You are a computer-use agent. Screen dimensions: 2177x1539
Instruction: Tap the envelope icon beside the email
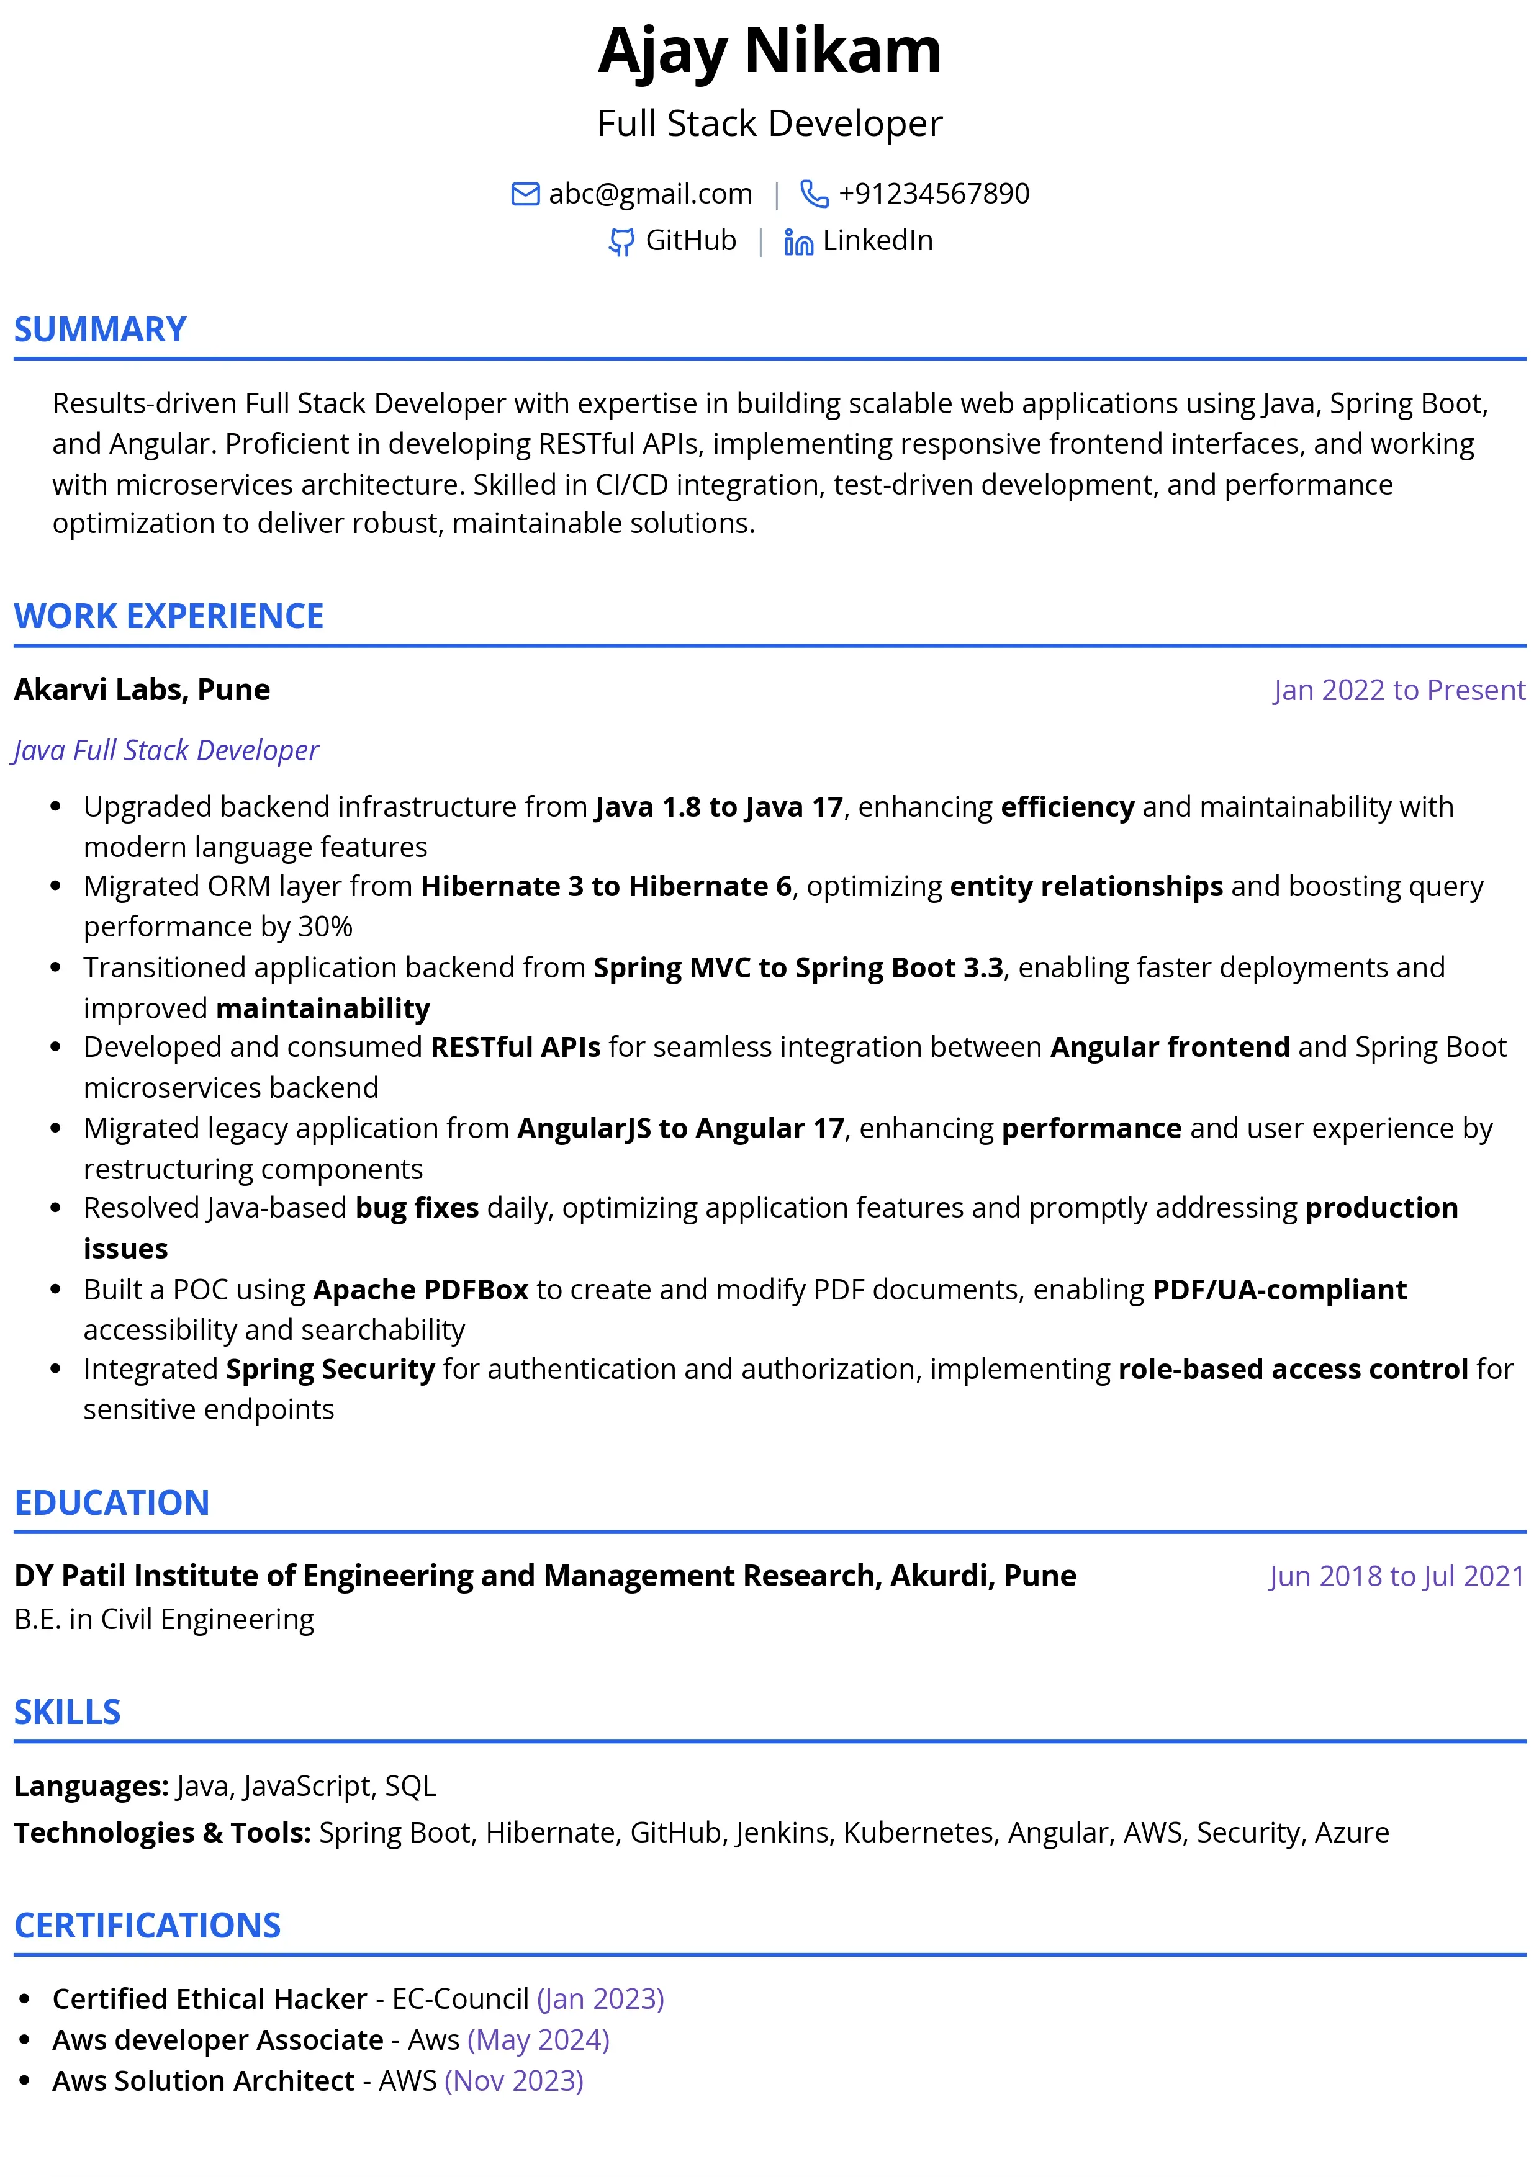pos(525,194)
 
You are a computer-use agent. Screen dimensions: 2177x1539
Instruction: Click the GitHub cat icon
pos(621,243)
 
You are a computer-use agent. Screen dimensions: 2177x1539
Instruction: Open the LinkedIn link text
pos(877,241)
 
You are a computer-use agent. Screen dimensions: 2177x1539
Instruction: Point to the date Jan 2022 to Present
pos(1399,690)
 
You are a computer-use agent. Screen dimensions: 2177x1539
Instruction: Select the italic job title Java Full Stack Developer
pos(166,750)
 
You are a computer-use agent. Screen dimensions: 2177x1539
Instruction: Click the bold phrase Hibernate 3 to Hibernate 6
pos(606,887)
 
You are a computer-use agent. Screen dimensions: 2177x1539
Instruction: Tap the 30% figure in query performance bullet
pos(325,927)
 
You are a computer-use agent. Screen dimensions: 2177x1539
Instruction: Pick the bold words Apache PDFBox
pos(420,1290)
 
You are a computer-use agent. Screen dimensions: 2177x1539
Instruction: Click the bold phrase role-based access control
pos(1293,1369)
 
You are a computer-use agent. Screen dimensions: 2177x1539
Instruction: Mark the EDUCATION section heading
pos(112,1503)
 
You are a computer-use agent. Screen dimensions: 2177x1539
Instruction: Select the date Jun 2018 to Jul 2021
pos(1396,1576)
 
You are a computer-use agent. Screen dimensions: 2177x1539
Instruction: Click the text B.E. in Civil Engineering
pos(164,1620)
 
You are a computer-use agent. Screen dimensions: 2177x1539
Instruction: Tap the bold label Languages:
pos(92,1787)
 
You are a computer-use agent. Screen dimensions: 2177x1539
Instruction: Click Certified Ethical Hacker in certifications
pos(210,1999)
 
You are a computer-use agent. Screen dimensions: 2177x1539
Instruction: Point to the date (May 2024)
pos(538,2039)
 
